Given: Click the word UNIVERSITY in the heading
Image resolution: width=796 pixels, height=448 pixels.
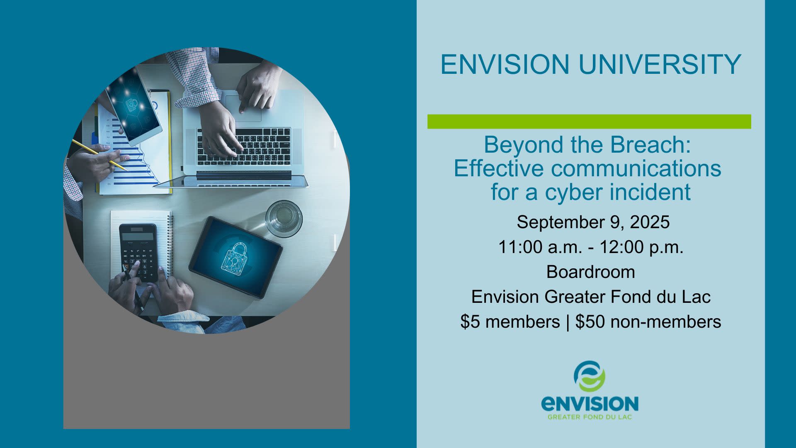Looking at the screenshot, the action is coord(660,64).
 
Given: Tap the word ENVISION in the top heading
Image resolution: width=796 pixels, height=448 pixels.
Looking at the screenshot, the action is coord(505,64).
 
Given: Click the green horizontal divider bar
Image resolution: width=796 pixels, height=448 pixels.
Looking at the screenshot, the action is coord(589,122).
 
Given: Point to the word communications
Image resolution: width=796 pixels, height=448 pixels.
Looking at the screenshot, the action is coord(636,168).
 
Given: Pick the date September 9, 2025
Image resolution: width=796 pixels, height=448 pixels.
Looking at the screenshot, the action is coord(593,222).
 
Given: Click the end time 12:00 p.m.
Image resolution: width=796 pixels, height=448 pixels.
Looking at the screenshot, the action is coord(641,247).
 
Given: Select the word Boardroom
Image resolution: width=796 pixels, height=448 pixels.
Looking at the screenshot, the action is coord(591,272).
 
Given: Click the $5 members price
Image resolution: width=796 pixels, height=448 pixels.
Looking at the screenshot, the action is coord(510,322).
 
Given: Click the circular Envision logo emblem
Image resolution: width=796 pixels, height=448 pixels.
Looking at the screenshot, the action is coord(590,376).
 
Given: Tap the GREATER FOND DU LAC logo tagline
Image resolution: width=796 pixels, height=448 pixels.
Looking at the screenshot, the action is coord(590,417).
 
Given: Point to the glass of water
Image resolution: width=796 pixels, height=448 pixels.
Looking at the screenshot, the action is coord(284,219).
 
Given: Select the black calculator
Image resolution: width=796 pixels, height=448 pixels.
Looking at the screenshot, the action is coord(139,253).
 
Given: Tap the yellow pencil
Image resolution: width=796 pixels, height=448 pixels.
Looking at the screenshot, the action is coord(99,155).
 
